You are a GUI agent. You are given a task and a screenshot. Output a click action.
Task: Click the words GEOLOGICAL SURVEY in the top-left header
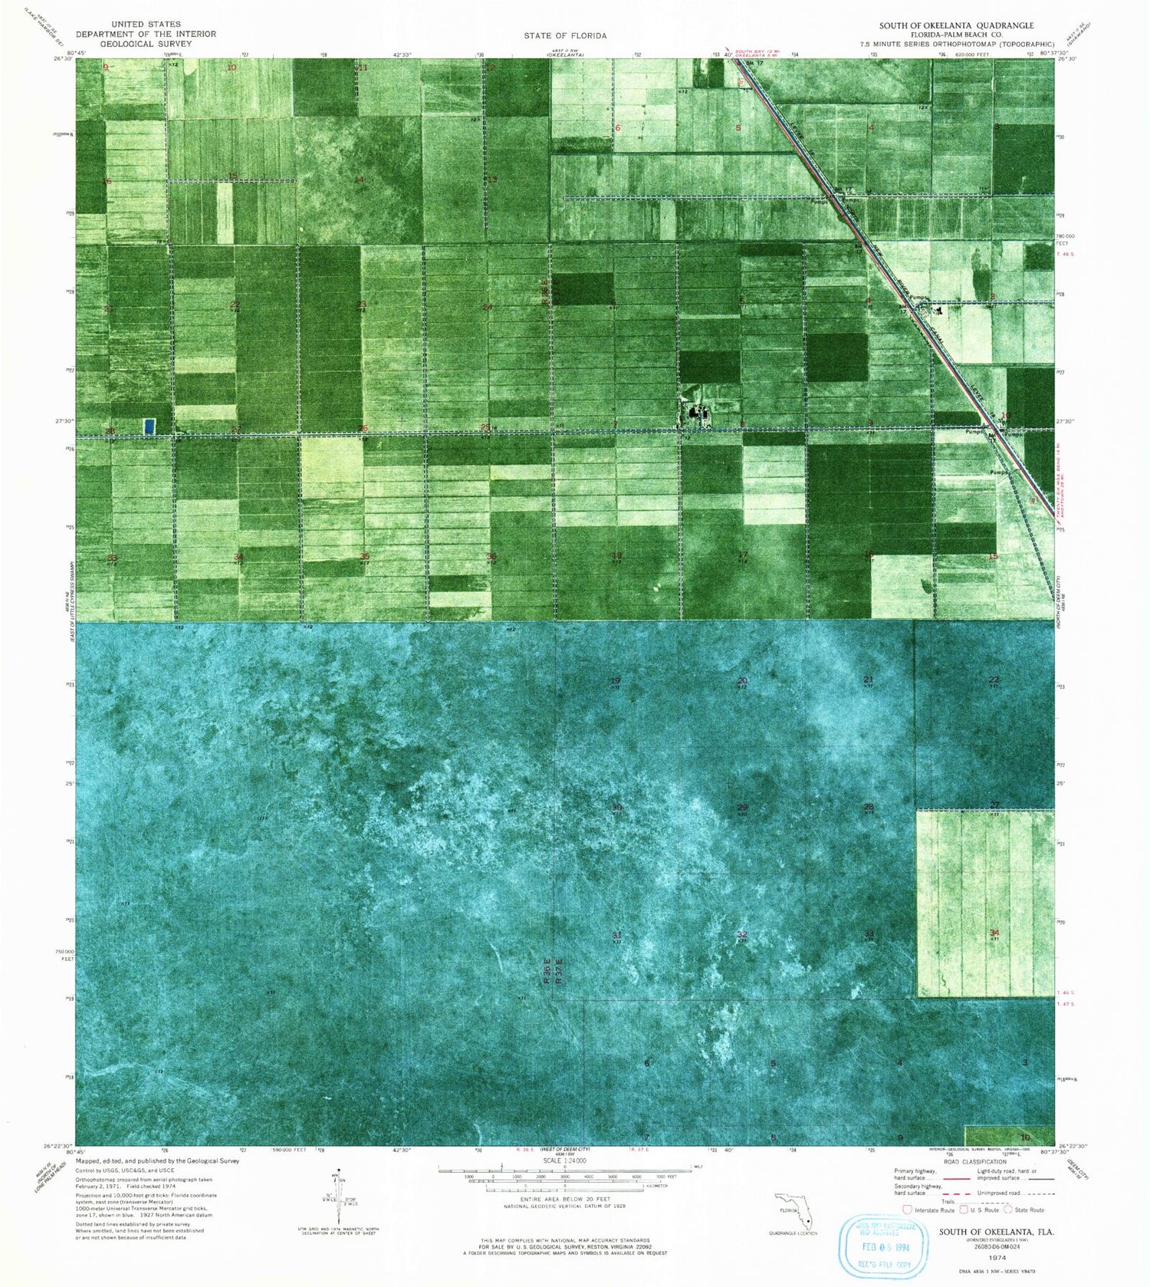point(146,44)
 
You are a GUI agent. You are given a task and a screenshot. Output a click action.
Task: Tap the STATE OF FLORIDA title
point(565,35)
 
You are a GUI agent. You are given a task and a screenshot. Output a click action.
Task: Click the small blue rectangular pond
point(149,424)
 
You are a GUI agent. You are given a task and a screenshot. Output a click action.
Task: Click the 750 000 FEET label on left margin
point(64,955)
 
